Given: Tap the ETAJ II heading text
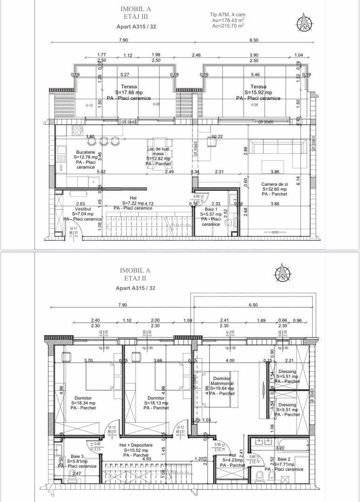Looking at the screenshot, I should tap(136, 279).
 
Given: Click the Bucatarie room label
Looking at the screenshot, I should tap(85, 152).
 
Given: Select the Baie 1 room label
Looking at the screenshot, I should tap(211, 209).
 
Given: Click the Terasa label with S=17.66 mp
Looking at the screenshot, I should tap(116, 86).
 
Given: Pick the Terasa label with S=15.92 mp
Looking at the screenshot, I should tap(259, 86).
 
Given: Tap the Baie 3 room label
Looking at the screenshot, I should tap(78, 457).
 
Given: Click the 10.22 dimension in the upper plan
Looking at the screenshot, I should tap(217, 137).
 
